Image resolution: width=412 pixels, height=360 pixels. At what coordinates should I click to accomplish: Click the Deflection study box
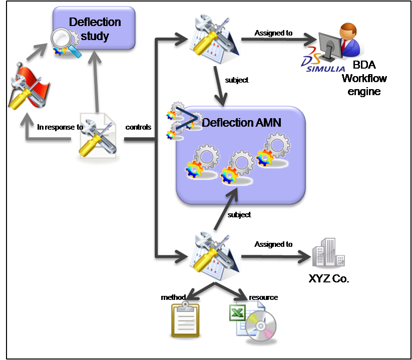point(95,29)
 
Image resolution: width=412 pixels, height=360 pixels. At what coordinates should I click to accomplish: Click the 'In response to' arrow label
point(60,127)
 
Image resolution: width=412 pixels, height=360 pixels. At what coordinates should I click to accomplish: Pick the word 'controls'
point(138,127)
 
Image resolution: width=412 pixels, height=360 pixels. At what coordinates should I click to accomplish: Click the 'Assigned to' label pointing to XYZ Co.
point(273,244)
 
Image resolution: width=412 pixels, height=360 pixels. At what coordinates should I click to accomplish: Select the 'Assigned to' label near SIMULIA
point(273,34)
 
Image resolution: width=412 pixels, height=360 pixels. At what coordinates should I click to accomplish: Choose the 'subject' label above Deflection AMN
point(237,80)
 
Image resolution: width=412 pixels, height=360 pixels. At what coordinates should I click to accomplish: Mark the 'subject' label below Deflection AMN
point(239,215)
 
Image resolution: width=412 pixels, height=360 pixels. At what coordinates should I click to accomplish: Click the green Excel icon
point(236,314)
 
